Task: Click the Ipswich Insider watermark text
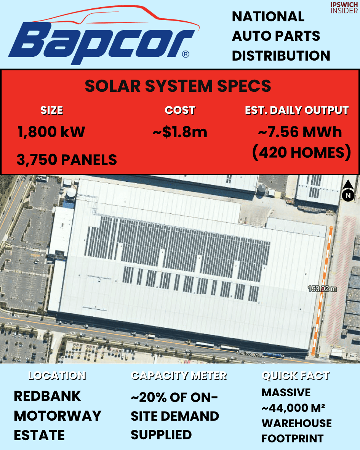click(344, 8)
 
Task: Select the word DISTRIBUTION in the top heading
click(281, 56)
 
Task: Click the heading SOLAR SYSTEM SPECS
click(178, 86)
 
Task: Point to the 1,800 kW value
click(51, 132)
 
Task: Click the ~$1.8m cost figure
click(180, 132)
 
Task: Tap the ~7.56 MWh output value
click(300, 132)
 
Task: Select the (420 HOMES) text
click(301, 152)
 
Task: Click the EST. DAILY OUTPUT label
click(296, 110)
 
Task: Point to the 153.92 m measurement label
click(322, 289)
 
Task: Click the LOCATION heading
click(57, 376)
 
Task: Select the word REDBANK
click(47, 396)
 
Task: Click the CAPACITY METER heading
click(179, 376)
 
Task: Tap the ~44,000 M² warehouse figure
click(293, 408)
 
